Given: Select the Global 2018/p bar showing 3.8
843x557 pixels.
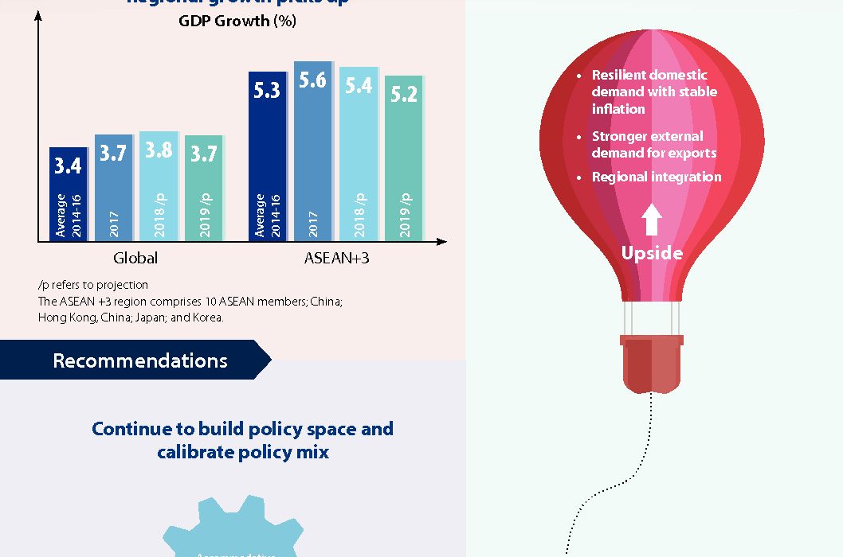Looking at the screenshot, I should (159, 186).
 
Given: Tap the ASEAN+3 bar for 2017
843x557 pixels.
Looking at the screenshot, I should (313, 151).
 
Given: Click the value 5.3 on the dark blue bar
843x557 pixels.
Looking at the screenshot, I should (267, 91).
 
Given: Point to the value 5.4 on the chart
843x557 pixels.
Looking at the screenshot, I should (359, 85).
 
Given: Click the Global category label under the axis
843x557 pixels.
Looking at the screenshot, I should (135, 258).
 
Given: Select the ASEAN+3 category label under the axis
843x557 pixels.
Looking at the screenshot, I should (335, 258).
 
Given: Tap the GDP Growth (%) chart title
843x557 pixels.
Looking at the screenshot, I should (237, 21).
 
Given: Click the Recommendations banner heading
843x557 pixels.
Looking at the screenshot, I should (140, 360).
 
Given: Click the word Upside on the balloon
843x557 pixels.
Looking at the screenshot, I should (652, 253).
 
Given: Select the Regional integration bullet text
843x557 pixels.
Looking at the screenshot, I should (657, 177).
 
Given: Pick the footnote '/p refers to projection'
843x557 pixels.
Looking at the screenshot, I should (93, 285).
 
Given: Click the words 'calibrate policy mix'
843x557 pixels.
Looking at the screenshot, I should (242, 452).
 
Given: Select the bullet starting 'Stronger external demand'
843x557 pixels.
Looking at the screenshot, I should (653, 144).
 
